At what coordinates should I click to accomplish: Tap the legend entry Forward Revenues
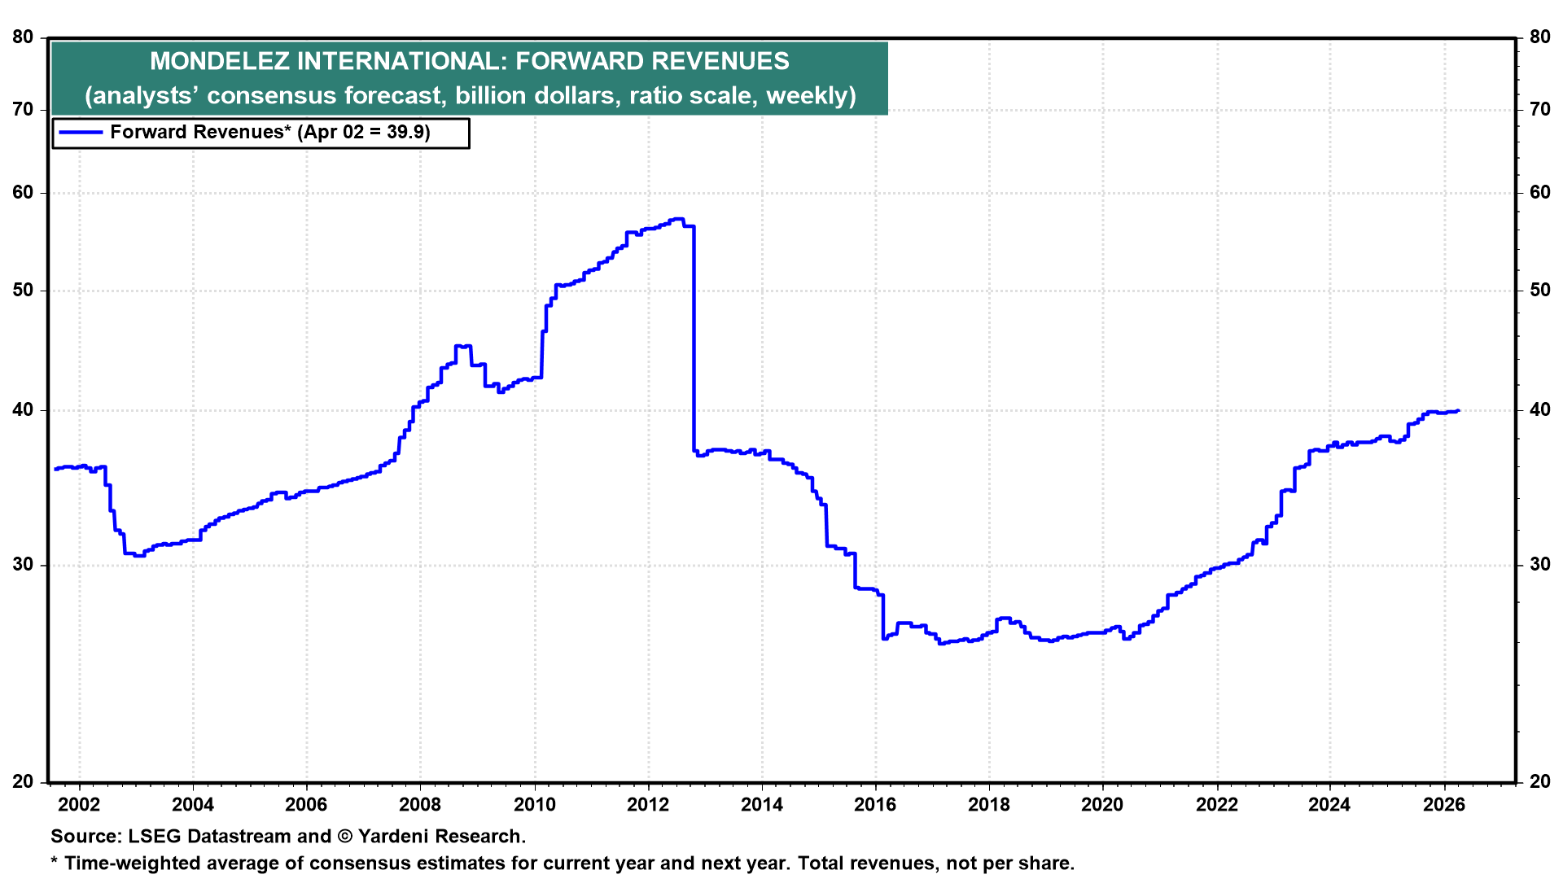[196, 132]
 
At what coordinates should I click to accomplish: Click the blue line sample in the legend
[81, 132]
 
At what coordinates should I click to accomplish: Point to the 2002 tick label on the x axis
[80, 805]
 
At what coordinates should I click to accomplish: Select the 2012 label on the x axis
[648, 805]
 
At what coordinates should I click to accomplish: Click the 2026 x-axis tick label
[1443, 805]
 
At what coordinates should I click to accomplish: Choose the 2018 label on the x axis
[988, 805]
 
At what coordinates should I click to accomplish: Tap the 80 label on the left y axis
[23, 37]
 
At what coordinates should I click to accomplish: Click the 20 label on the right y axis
[1540, 781]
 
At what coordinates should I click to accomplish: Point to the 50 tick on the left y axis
[23, 291]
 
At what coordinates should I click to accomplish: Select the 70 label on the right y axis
[1540, 109]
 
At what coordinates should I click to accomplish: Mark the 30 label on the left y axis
[23, 565]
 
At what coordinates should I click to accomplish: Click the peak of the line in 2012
[677, 219]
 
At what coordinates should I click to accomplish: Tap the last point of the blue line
[1457, 411]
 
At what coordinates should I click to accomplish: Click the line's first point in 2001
[55, 469]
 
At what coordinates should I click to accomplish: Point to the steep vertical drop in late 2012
[694, 342]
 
